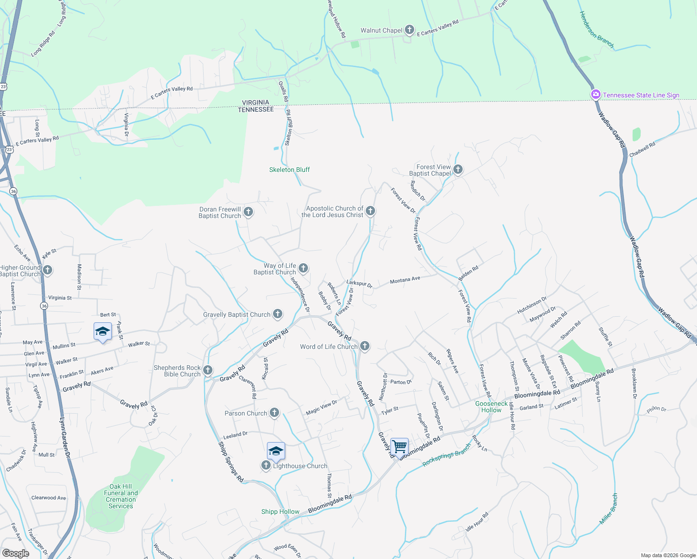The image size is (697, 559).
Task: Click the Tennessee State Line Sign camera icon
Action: [595, 95]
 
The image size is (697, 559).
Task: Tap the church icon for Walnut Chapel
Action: [409, 30]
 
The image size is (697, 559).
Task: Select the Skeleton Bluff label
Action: [289, 170]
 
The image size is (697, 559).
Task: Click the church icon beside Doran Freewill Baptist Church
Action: [248, 212]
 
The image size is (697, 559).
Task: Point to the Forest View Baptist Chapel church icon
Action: [458, 170]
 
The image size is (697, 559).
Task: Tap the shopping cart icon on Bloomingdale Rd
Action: [399, 446]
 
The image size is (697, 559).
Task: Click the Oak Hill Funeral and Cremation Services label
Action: [121, 496]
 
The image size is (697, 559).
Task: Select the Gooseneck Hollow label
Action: [492, 407]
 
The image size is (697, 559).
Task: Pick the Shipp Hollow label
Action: [280, 511]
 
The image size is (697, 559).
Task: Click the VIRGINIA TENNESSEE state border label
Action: [256, 106]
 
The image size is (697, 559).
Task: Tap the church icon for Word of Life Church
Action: [365, 346]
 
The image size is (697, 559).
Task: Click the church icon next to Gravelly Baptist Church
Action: [278, 314]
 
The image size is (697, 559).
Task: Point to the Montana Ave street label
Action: [405, 280]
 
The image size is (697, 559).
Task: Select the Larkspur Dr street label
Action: [359, 284]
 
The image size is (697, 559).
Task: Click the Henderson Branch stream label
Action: [596, 29]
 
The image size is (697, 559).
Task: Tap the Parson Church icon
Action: [274, 412]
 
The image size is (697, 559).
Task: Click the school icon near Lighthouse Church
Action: [276, 451]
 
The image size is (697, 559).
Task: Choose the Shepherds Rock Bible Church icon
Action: [208, 370]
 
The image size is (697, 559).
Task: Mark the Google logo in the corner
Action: [15, 553]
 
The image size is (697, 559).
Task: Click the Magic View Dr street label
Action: [321, 407]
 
